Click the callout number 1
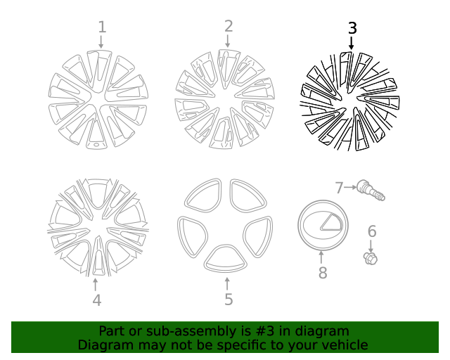102,27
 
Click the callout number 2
229,27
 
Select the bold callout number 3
352,28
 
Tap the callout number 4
96,300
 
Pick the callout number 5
229,300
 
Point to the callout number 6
372,231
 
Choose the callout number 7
339,188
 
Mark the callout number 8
322,273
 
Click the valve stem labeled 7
370,189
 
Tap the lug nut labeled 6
371,257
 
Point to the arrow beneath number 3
352,42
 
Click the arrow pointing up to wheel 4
96,284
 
